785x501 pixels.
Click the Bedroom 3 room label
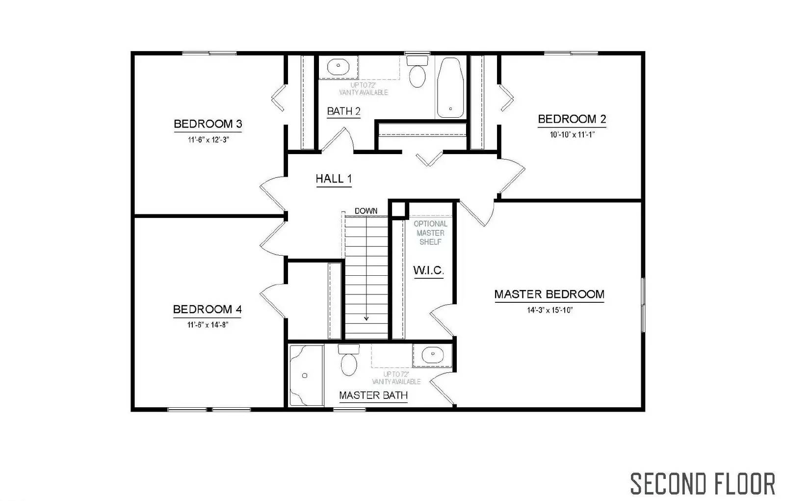point(208,124)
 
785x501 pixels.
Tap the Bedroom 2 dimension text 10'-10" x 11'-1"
point(572,134)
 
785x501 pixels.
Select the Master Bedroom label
point(549,294)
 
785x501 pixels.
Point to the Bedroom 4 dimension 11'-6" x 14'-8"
point(208,324)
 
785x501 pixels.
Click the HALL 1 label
point(334,179)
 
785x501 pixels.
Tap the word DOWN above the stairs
point(366,211)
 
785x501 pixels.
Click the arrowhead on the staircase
point(366,318)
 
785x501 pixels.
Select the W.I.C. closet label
point(428,270)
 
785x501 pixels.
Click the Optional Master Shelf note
point(430,233)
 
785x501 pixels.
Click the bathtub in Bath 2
point(449,88)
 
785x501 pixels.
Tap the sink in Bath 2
point(338,66)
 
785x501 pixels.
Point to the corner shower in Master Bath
point(305,375)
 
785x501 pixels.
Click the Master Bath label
point(373,396)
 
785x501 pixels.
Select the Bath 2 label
point(343,111)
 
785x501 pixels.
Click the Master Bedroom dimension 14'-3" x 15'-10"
point(550,310)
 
